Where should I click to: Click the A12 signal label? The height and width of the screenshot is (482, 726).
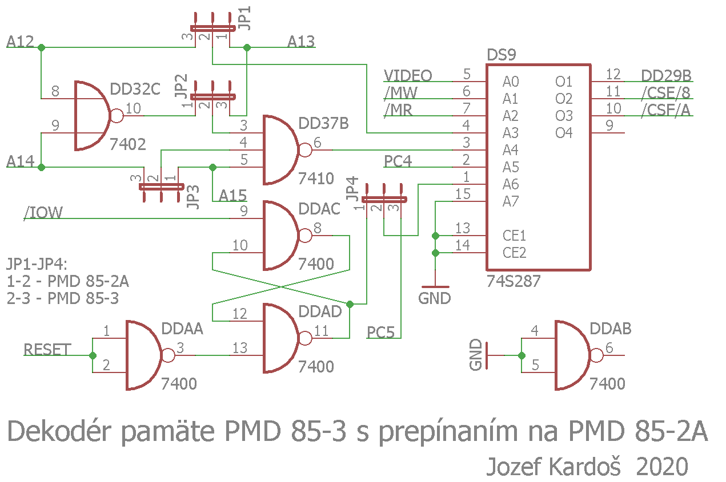click(20, 42)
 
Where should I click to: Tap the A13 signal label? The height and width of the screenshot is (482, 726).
click(300, 42)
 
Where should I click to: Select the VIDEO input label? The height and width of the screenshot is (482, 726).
click(408, 76)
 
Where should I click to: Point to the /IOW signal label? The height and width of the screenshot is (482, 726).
click(43, 213)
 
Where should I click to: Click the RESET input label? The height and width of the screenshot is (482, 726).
click(47, 350)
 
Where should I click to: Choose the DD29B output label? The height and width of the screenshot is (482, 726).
click(666, 76)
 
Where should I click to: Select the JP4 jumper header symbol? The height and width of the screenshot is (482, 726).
click(384, 199)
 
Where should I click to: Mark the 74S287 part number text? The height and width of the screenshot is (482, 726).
click(514, 281)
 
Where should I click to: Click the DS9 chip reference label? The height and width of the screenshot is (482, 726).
click(501, 55)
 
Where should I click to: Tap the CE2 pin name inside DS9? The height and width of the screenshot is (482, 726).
click(514, 253)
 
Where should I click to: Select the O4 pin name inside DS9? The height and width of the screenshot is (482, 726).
click(563, 133)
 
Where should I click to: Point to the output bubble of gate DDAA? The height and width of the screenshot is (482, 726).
click(168, 355)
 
